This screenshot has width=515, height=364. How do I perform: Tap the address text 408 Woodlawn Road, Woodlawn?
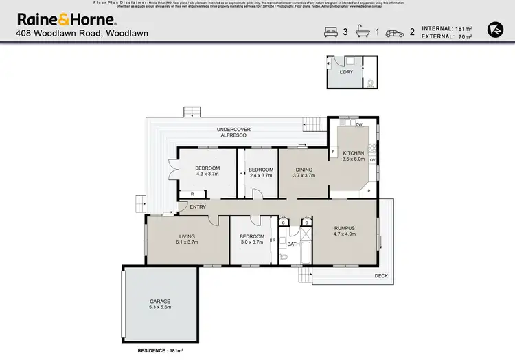tap(82, 33)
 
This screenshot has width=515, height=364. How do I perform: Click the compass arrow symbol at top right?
tap(493, 29)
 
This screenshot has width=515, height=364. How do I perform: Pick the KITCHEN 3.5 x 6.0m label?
tap(354, 156)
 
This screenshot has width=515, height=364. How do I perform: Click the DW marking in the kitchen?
tap(359, 124)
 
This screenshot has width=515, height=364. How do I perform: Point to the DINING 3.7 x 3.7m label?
tap(304, 172)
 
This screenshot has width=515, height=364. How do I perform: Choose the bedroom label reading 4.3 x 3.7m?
tap(207, 172)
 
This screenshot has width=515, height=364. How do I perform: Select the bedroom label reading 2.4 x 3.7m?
tap(260, 172)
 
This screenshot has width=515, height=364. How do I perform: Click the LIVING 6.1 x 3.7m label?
tap(187, 239)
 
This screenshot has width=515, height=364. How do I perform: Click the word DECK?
tap(382, 276)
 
